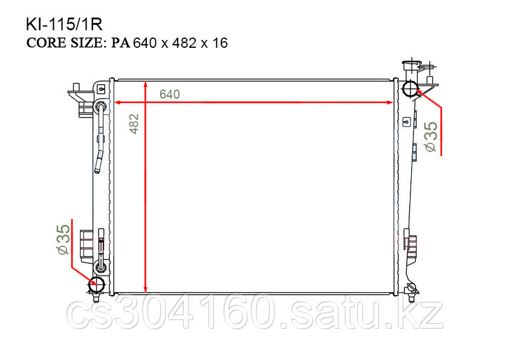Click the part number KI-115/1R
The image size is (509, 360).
(64, 25)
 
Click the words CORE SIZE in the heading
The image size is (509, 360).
(65, 43)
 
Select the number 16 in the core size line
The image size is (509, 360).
(220, 43)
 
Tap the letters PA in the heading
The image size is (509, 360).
(121, 43)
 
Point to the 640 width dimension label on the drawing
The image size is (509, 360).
(169, 94)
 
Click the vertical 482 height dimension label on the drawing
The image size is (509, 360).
(134, 124)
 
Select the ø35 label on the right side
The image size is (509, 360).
(431, 137)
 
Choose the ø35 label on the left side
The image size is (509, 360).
(63, 240)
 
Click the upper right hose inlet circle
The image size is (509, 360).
(410, 88)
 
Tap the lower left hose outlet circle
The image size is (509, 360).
(97, 284)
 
